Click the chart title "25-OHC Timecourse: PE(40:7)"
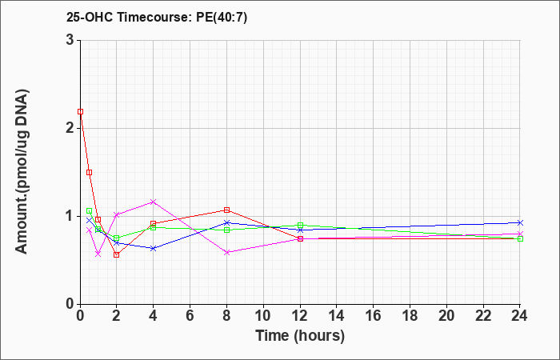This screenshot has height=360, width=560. pos(157,18)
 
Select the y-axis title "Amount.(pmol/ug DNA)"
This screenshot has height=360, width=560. pos(22,172)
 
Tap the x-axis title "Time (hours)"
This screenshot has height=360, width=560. pos(300,336)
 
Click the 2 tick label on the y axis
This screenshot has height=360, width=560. pos(70,128)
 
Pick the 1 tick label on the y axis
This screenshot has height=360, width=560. pos(70,216)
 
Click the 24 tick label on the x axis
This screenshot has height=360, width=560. pos(520,316)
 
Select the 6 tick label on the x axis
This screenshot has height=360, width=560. pos(190,316)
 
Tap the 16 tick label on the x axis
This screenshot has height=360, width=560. pos(374,316)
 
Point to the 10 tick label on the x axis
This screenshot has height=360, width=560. pos(263,316)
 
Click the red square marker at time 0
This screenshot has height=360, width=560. pos(80,111)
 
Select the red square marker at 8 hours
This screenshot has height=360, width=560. pos(226,210)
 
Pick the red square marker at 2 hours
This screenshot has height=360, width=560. pos(117,254)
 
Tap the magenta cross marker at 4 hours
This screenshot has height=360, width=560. pos(154,202)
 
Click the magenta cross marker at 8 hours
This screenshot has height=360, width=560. pos(226,252)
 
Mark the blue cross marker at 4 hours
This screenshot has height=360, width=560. pos(154,248)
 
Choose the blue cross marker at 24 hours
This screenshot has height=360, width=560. pos(520,222)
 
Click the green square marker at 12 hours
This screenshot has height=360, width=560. pos(300,226)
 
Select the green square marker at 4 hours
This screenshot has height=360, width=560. pos(154,227)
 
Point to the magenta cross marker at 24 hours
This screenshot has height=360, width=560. pos(520,234)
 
